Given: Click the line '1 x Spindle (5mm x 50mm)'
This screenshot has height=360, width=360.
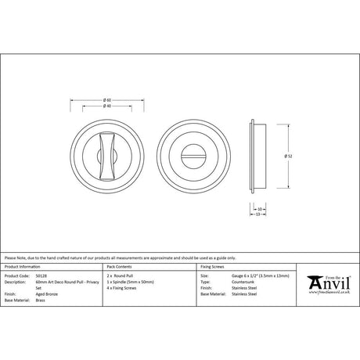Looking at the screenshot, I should tap(135, 281).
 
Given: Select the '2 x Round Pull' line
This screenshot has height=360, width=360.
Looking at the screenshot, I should tap(124, 275).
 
